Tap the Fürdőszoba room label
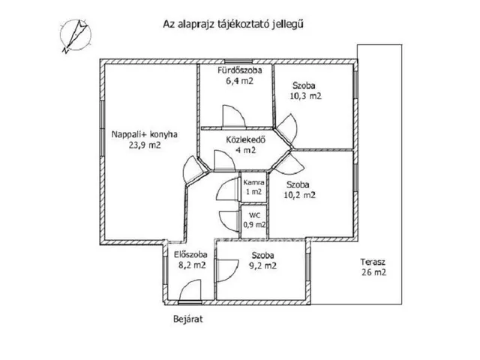click(x=235, y=71)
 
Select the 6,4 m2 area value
click(x=235, y=82)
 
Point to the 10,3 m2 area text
click(x=305, y=96)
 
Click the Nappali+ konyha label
click(x=144, y=135)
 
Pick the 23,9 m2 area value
click(x=144, y=146)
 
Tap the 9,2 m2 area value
click(x=263, y=265)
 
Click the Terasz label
click(x=373, y=261)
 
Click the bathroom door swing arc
click(x=233, y=117)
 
